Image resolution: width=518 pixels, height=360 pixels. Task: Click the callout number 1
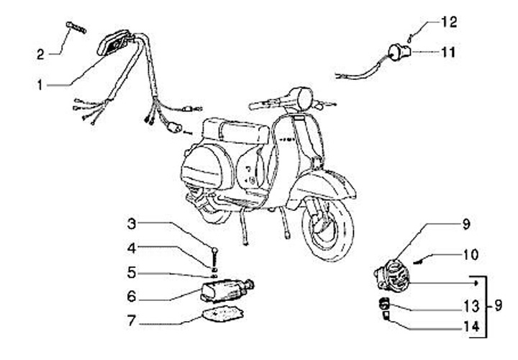[42, 85]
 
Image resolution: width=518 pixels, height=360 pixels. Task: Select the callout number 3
[132, 223]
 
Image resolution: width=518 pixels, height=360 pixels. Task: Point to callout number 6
[132, 295]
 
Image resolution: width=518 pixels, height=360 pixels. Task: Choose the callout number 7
[132, 318]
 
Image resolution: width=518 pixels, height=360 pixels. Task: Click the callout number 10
[470, 255]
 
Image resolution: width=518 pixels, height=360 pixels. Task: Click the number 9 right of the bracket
[499, 305]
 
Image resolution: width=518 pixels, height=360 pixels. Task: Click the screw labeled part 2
[76, 28]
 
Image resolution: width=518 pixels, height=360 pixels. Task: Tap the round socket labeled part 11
[398, 51]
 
